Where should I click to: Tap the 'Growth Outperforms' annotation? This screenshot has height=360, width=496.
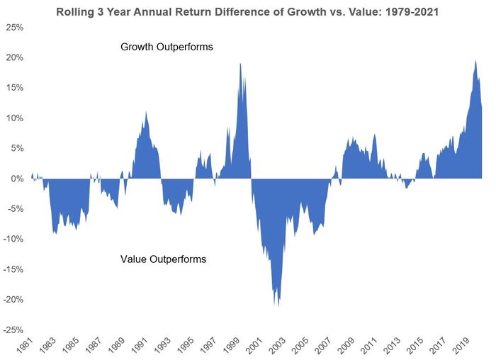(x=167, y=47)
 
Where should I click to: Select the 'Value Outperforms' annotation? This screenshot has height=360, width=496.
(x=163, y=259)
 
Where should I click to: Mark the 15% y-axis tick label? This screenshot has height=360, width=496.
(x=14, y=88)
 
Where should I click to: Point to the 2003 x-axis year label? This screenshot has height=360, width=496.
(x=271, y=347)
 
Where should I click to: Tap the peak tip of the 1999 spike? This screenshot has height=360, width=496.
(x=240, y=64)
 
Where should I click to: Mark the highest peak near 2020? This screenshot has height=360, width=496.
(x=475, y=61)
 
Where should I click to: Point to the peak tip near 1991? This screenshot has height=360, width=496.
(x=146, y=112)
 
